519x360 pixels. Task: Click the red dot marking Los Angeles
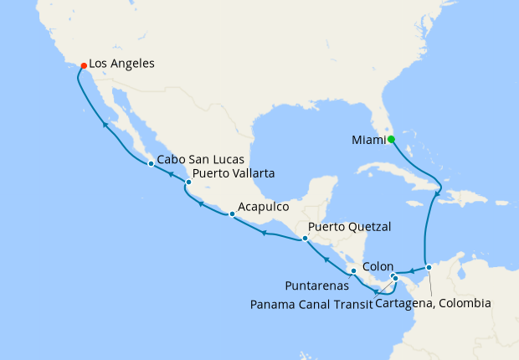tap(82, 64)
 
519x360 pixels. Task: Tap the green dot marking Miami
tap(391, 139)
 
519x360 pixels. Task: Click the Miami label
tap(367, 140)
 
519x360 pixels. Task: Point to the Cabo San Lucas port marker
tap(151, 163)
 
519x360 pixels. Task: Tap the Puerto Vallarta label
tap(234, 175)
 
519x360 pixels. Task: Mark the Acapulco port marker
tap(232, 214)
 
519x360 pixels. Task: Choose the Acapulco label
tap(264, 206)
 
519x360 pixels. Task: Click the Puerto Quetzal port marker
tap(305, 239)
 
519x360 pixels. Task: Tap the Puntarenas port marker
tap(354, 270)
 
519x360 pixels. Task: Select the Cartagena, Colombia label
tap(433, 303)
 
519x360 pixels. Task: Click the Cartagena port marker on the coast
tap(429, 268)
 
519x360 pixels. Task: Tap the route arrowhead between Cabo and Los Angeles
tap(105, 125)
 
